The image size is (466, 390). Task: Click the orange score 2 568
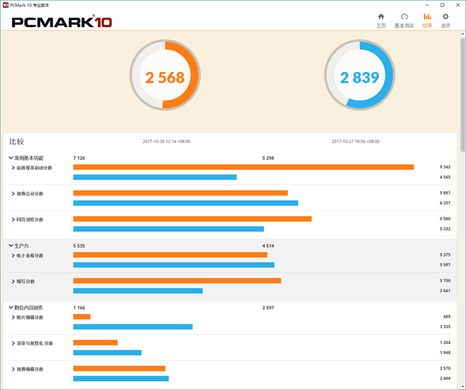click(164, 78)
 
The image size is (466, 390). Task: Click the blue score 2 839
click(359, 78)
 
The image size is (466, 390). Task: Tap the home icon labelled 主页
click(381, 20)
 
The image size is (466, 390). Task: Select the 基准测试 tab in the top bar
click(403, 20)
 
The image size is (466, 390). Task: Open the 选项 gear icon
click(445, 20)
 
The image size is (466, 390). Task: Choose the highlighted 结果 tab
click(427, 20)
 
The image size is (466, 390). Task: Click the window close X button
click(457, 5)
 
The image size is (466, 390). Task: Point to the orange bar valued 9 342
click(243, 167)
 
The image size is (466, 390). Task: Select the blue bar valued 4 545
click(154, 177)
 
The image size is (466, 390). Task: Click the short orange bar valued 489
click(81, 317)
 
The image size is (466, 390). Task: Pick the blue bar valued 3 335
click(132, 327)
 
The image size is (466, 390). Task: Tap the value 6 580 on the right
click(445, 219)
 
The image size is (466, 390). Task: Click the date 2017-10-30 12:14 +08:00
click(166, 141)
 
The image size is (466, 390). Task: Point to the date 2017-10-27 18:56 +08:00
click(355, 141)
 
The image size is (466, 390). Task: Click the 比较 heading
click(17, 141)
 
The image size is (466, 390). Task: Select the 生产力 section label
click(21, 246)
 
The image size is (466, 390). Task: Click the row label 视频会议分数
click(30, 194)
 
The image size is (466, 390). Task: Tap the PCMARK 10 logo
click(62, 22)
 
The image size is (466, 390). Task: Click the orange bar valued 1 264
click(95, 343)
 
